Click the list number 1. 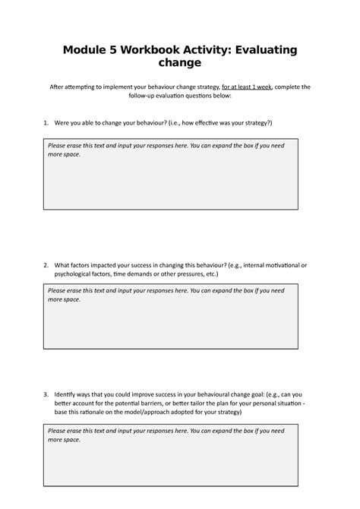pos(46,122)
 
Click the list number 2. pos(46,265)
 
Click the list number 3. pos(46,394)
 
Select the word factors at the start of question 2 pos(84,265)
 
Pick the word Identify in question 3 pos(71,394)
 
